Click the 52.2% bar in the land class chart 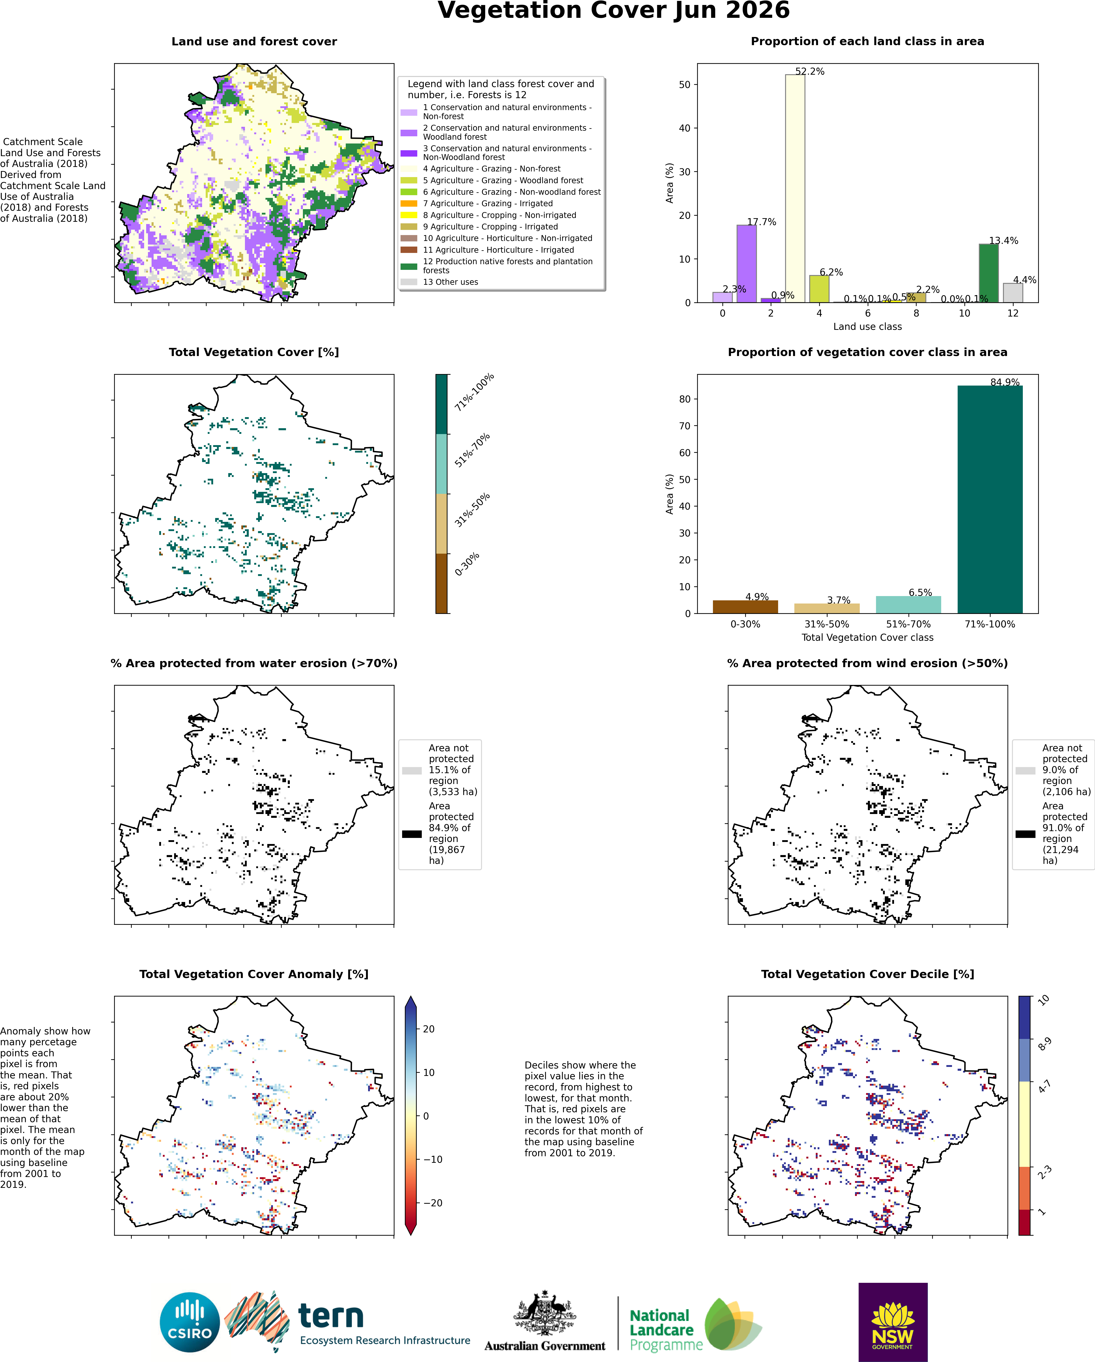[x=795, y=188]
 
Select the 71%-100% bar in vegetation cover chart [x=989, y=499]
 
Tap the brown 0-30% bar [x=745, y=606]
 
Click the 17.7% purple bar [x=746, y=264]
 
